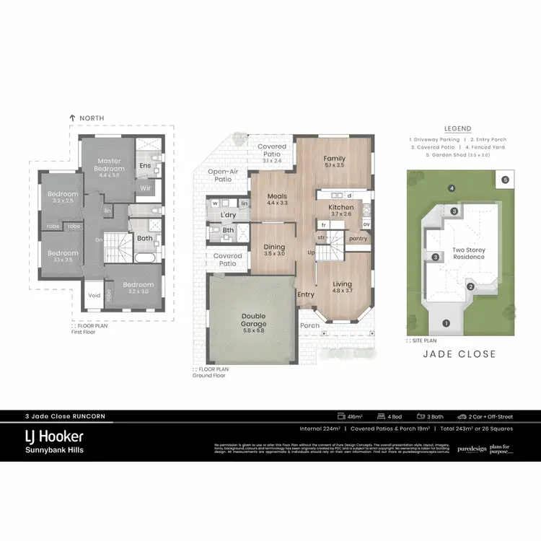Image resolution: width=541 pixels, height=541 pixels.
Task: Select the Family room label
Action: coord(334,159)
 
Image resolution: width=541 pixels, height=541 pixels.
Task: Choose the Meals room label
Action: coord(278,196)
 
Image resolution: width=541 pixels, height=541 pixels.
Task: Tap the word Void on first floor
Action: coord(94,295)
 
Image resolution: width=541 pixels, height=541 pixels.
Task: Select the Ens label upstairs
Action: coord(145,165)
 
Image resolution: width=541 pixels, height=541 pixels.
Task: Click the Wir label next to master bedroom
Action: coord(145,188)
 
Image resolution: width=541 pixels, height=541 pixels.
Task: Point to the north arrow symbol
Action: coord(72,118)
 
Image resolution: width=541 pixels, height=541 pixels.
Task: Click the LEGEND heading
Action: coord(457,128)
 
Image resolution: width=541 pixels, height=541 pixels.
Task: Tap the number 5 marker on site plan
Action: coord(505,179)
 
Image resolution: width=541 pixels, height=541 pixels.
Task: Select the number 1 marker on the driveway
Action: coord(446,323)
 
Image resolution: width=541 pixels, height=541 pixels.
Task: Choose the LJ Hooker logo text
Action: coord(51,436)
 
